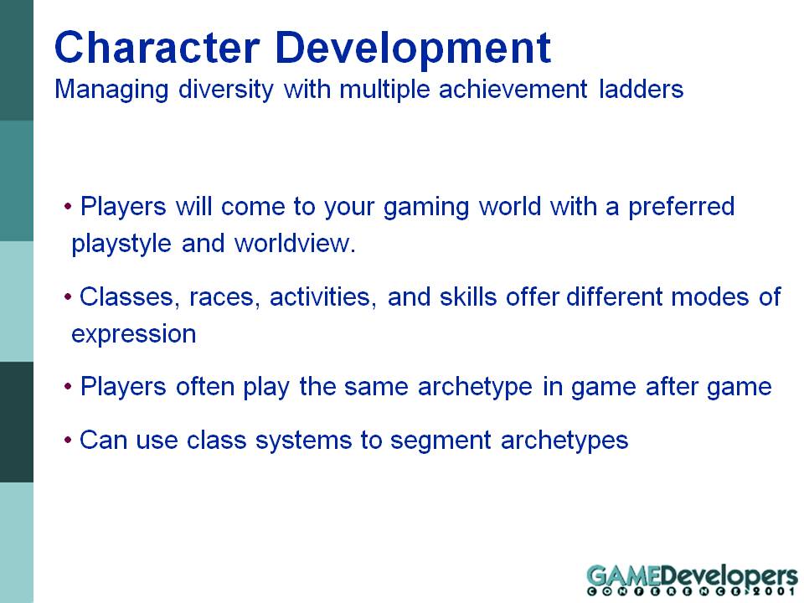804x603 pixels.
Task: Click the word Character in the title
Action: [x=157, y=47]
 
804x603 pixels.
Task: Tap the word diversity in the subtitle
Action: [x=226, y=90]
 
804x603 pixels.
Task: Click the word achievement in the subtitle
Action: [x=513, y=89]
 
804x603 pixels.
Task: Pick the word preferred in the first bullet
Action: [x=682, y=207]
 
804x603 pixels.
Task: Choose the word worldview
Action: [x=295, y=243]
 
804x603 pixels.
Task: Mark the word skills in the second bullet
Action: [x=468, y=296]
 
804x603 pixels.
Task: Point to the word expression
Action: [x=134, y=335]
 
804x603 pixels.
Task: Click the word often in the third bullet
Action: [x=205, y=387]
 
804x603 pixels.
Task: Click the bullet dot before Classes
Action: [x=68, y=297]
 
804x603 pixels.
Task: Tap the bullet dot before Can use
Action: [x=68, y=441]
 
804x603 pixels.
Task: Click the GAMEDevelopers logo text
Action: [x=693, y=575]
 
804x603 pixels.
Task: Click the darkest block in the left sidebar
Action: [x=17, y=422]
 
